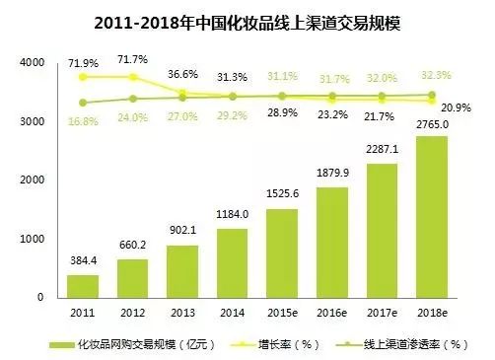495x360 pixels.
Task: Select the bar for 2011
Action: (83, 286)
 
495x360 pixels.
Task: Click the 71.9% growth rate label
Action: (84, 62)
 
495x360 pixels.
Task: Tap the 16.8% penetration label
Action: (84, 121)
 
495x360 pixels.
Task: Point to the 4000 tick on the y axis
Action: (32, 63)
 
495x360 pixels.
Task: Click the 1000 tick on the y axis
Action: (32, 240)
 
